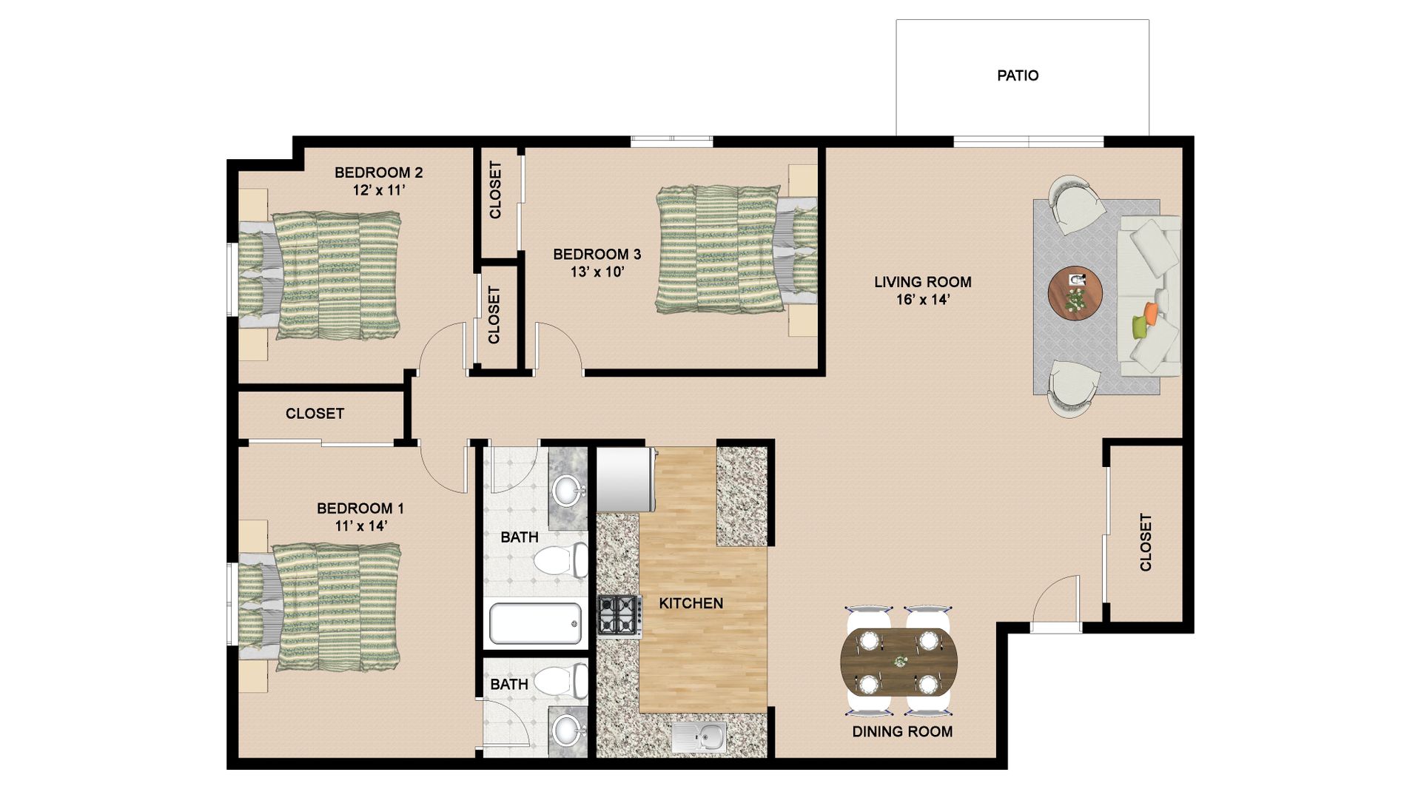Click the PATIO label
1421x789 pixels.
[x=1018, y=75]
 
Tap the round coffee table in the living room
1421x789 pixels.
[x=1075, y=293]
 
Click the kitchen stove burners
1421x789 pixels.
[x=619, y=615]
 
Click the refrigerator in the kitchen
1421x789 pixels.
[x=626, y=480]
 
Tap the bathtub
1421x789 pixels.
[x=535, y=624]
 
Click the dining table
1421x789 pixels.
[x=898, y=662]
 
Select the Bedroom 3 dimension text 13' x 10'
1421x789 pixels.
[x=597, y=272]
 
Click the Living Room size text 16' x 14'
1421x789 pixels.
[x=922, y=300]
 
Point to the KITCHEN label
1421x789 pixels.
[x=691, y=603]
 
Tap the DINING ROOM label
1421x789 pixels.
[x=902, y=731]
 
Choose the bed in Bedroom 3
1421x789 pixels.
[x=737, y=249]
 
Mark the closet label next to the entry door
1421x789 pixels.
[x=1146, y=543]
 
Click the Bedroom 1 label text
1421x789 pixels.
[x=360, y=508]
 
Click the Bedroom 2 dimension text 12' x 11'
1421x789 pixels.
[x=379, y=190]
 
